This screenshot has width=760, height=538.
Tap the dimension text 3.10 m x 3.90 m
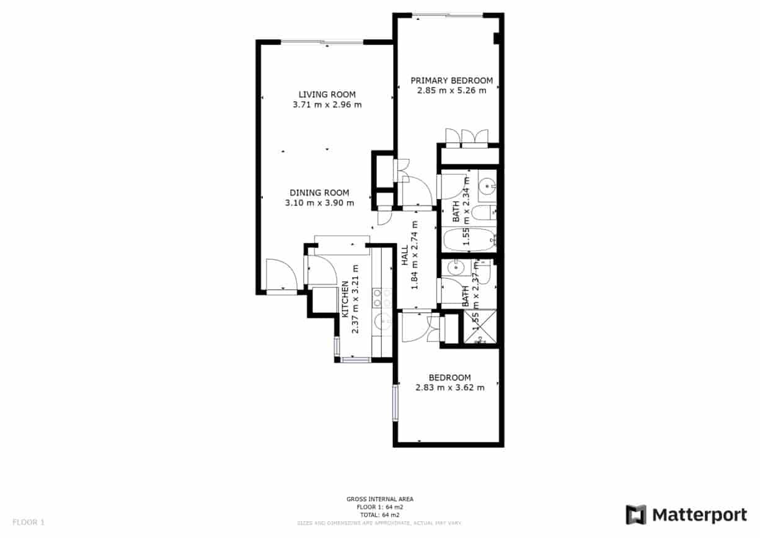point(319,203)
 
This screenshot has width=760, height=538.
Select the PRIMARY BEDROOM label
point(451,80)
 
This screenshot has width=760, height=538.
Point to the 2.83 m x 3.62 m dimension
point(449,388)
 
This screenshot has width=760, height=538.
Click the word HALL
point(405,255)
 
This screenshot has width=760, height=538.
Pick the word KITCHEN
point(345,300)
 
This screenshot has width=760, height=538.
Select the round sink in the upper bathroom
point(487,184)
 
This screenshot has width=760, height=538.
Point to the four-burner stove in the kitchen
point(381,298)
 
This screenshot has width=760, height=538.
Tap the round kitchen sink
point(382,322)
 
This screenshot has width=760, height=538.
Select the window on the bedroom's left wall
point(395,403)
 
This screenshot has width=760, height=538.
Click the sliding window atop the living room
point(322,42)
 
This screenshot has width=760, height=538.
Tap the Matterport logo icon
point(636,515)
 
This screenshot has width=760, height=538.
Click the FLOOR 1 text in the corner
point(29,522)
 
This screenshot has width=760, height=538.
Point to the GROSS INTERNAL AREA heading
point(379,499)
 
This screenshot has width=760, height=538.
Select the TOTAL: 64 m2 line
point(379,514)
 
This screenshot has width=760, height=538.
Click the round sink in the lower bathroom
point(454,268)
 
